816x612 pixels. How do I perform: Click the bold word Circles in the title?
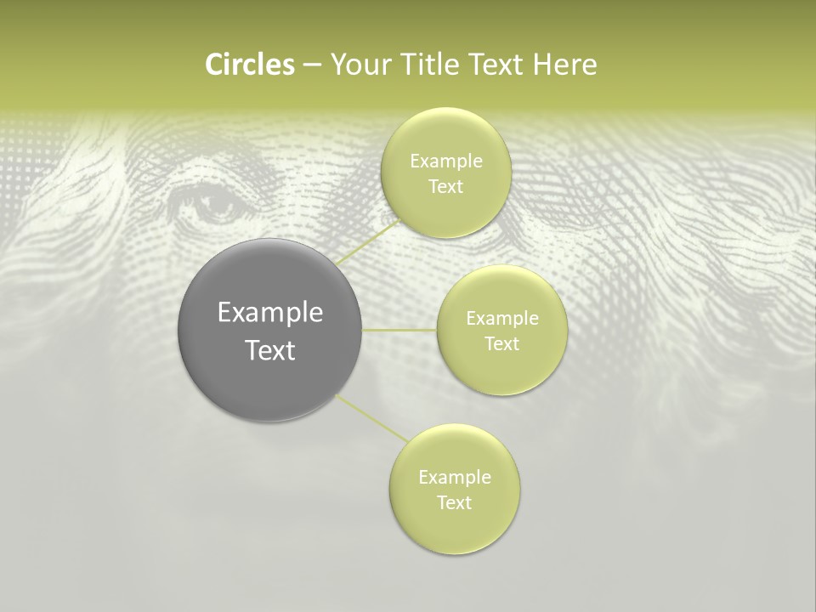click(249, 65)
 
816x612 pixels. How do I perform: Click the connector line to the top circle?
click(368, 241)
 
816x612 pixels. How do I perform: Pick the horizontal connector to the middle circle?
click(399, 330)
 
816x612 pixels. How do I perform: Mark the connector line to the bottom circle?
click(371, 418)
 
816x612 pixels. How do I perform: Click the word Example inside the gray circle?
click(270, 313)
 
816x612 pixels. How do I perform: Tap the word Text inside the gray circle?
click(270, 350)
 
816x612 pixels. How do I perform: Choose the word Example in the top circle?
click(446, 161)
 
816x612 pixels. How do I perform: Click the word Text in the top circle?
click(445, 187)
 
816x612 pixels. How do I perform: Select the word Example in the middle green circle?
click(502, 319)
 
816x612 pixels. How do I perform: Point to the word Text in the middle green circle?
click(501, 343)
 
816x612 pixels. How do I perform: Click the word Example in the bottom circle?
click(455, 478)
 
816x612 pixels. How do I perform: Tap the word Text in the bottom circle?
click(454, 502)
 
